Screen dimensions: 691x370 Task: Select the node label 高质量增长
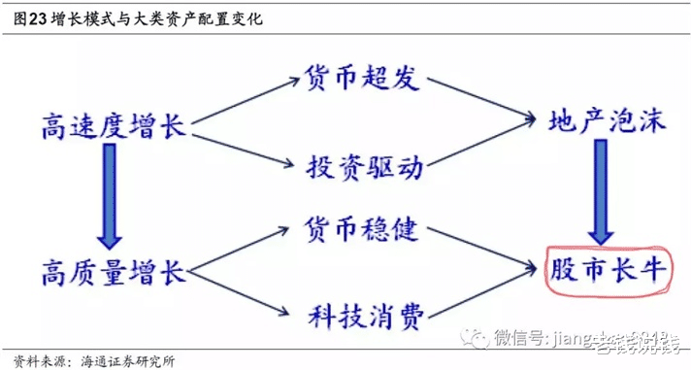tap(114, 270)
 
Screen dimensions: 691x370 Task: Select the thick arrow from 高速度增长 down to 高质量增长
tap(109, 199)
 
